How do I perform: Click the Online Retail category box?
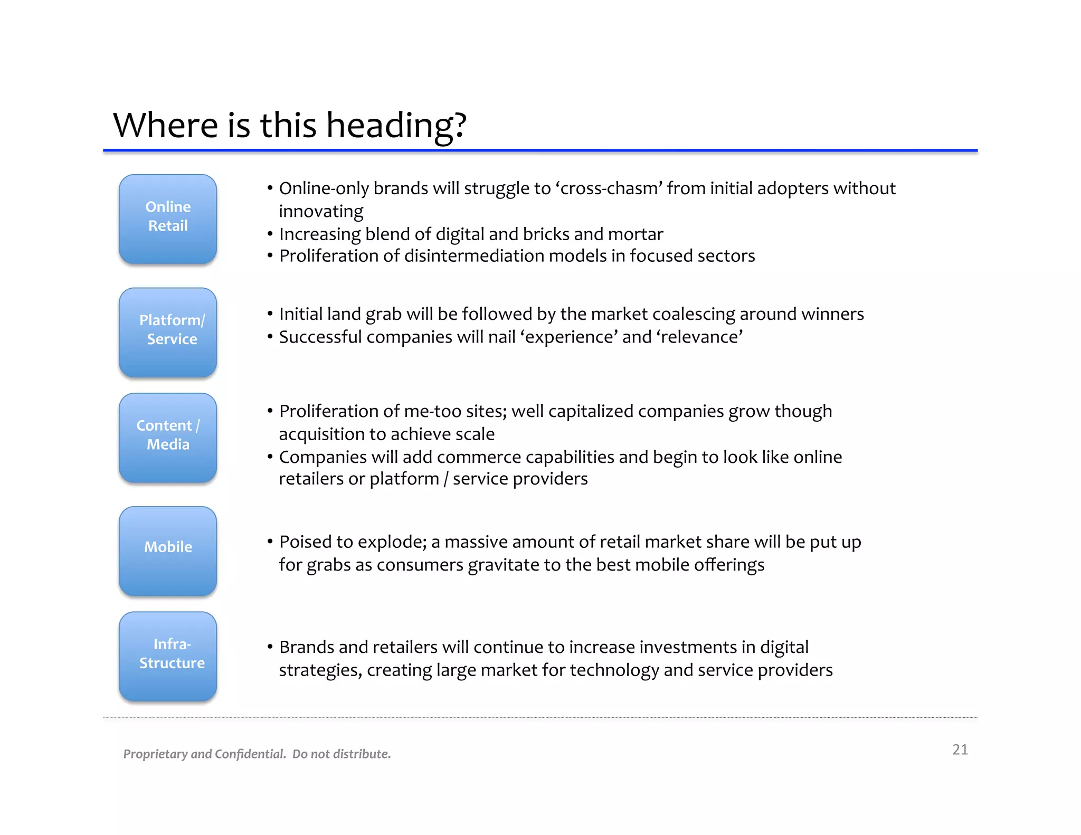pyautogui.click(x=168, y=219)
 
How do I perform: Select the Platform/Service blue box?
pyautogui.click(x=168, y=332)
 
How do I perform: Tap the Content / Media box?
pyautogui.click(x=168, y=437)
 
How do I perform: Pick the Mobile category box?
pyautogui.click(x=168, y=551)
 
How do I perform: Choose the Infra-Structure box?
pyautogui.click(x=168, y=656)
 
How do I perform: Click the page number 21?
pyautogui.click(x=960, y=749)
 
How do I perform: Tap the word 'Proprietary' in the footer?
pyautogui.click(x=156, y=754)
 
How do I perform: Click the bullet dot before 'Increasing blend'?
pyautogui.click(x=270, y=234)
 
